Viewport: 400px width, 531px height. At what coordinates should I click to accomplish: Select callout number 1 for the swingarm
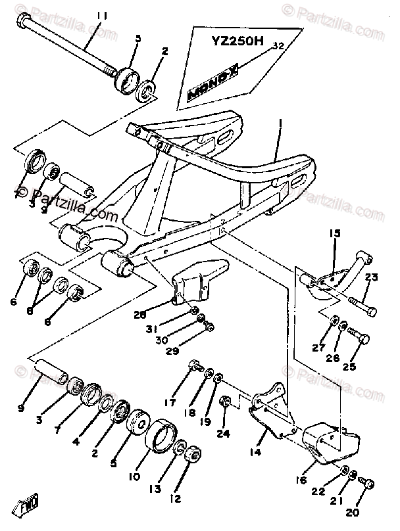[279, 122]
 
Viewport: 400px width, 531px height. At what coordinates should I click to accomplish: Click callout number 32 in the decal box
[277, 46]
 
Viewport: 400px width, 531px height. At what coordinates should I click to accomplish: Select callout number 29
[172, 352]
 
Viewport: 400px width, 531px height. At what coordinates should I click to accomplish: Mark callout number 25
[349, 366]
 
